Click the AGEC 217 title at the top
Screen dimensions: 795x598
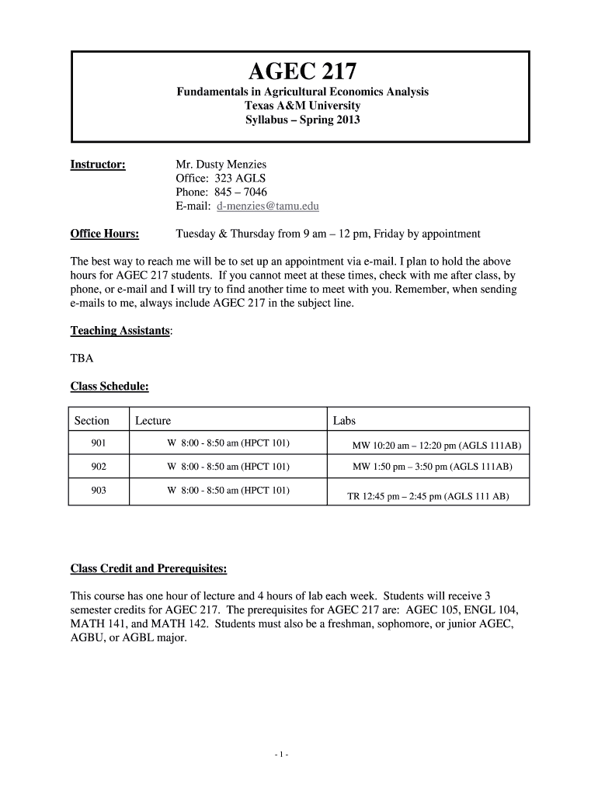302,72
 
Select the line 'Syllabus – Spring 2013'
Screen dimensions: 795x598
302,120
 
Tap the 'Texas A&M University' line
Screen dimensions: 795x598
302,106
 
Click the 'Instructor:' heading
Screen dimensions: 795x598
98,165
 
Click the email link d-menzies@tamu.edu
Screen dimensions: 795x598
267,207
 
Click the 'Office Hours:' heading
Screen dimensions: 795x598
105,234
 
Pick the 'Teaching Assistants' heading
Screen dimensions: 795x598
120,331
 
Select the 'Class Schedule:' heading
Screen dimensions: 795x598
110,386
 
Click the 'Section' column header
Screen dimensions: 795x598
92,420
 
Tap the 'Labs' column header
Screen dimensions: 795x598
344,420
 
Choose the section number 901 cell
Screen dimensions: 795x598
98,443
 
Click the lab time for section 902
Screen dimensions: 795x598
432,467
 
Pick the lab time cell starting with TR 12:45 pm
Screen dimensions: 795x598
428,495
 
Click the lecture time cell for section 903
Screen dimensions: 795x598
228,490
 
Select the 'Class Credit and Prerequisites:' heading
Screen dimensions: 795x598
149,569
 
